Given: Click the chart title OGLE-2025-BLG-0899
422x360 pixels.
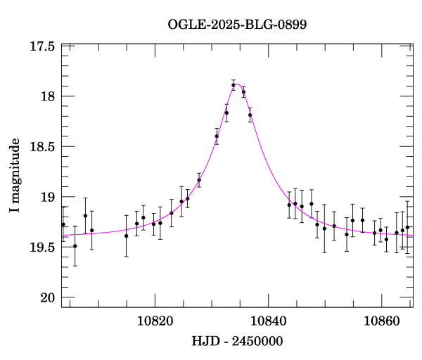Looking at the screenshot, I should pyautogui.click(x=237, y=24).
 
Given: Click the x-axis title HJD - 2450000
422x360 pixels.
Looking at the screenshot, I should pyautogui.click(x=237, y=342).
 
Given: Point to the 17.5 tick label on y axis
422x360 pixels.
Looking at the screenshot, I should pyautogui.click(x=44, y=46).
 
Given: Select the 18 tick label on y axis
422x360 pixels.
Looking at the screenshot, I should pyautogui.click(x=49, y=96).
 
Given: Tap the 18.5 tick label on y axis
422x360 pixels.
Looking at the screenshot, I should pyautogui.click(x=44, y=147).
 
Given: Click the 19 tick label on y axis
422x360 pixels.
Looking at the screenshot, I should pyautogui.click(x=49, y=198).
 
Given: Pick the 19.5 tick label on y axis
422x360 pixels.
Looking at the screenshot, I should pyautogui.click(x=44, y=247).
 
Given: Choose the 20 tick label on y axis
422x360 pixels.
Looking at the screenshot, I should pyautogui.click(x=49, y=298).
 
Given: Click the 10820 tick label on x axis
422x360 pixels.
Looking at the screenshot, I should pyautogui.click(x=154, y=321).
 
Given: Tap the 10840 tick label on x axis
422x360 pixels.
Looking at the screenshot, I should pyautogui.click(x=268, y=321).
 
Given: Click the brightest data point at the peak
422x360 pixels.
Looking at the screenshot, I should pyautogui.click(x=234, y=85).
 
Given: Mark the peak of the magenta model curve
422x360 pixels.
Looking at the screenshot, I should pyautogui.click(x=237, y=84).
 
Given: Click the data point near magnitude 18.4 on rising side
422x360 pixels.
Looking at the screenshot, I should pyautogui.click(x=217, y=136).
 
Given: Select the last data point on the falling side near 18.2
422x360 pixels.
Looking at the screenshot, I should pyautogui.click(x=250, y=115).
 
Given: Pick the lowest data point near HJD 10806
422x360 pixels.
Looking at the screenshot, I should pyautogui.click(x=75, y=246).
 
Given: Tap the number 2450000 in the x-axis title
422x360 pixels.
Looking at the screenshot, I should pyautogui.click(x=259, y=342).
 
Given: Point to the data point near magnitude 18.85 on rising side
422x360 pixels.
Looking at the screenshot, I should pyautogui.click(x=199, y=180).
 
